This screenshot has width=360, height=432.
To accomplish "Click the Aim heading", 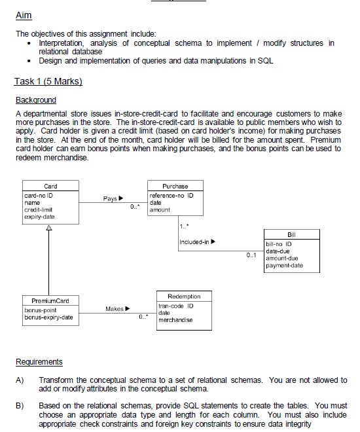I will tap(23, 15).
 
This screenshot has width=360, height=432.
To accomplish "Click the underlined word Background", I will tap(35, 100).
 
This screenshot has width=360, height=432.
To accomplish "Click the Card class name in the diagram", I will tap(50, 186).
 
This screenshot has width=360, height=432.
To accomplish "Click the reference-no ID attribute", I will tap(171, 195).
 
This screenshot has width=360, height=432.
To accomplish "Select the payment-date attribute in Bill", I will tap(285, 264).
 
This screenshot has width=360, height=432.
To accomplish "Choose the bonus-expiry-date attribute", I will tap(49, 317).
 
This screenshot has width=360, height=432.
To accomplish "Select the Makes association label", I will tap(117, 308).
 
